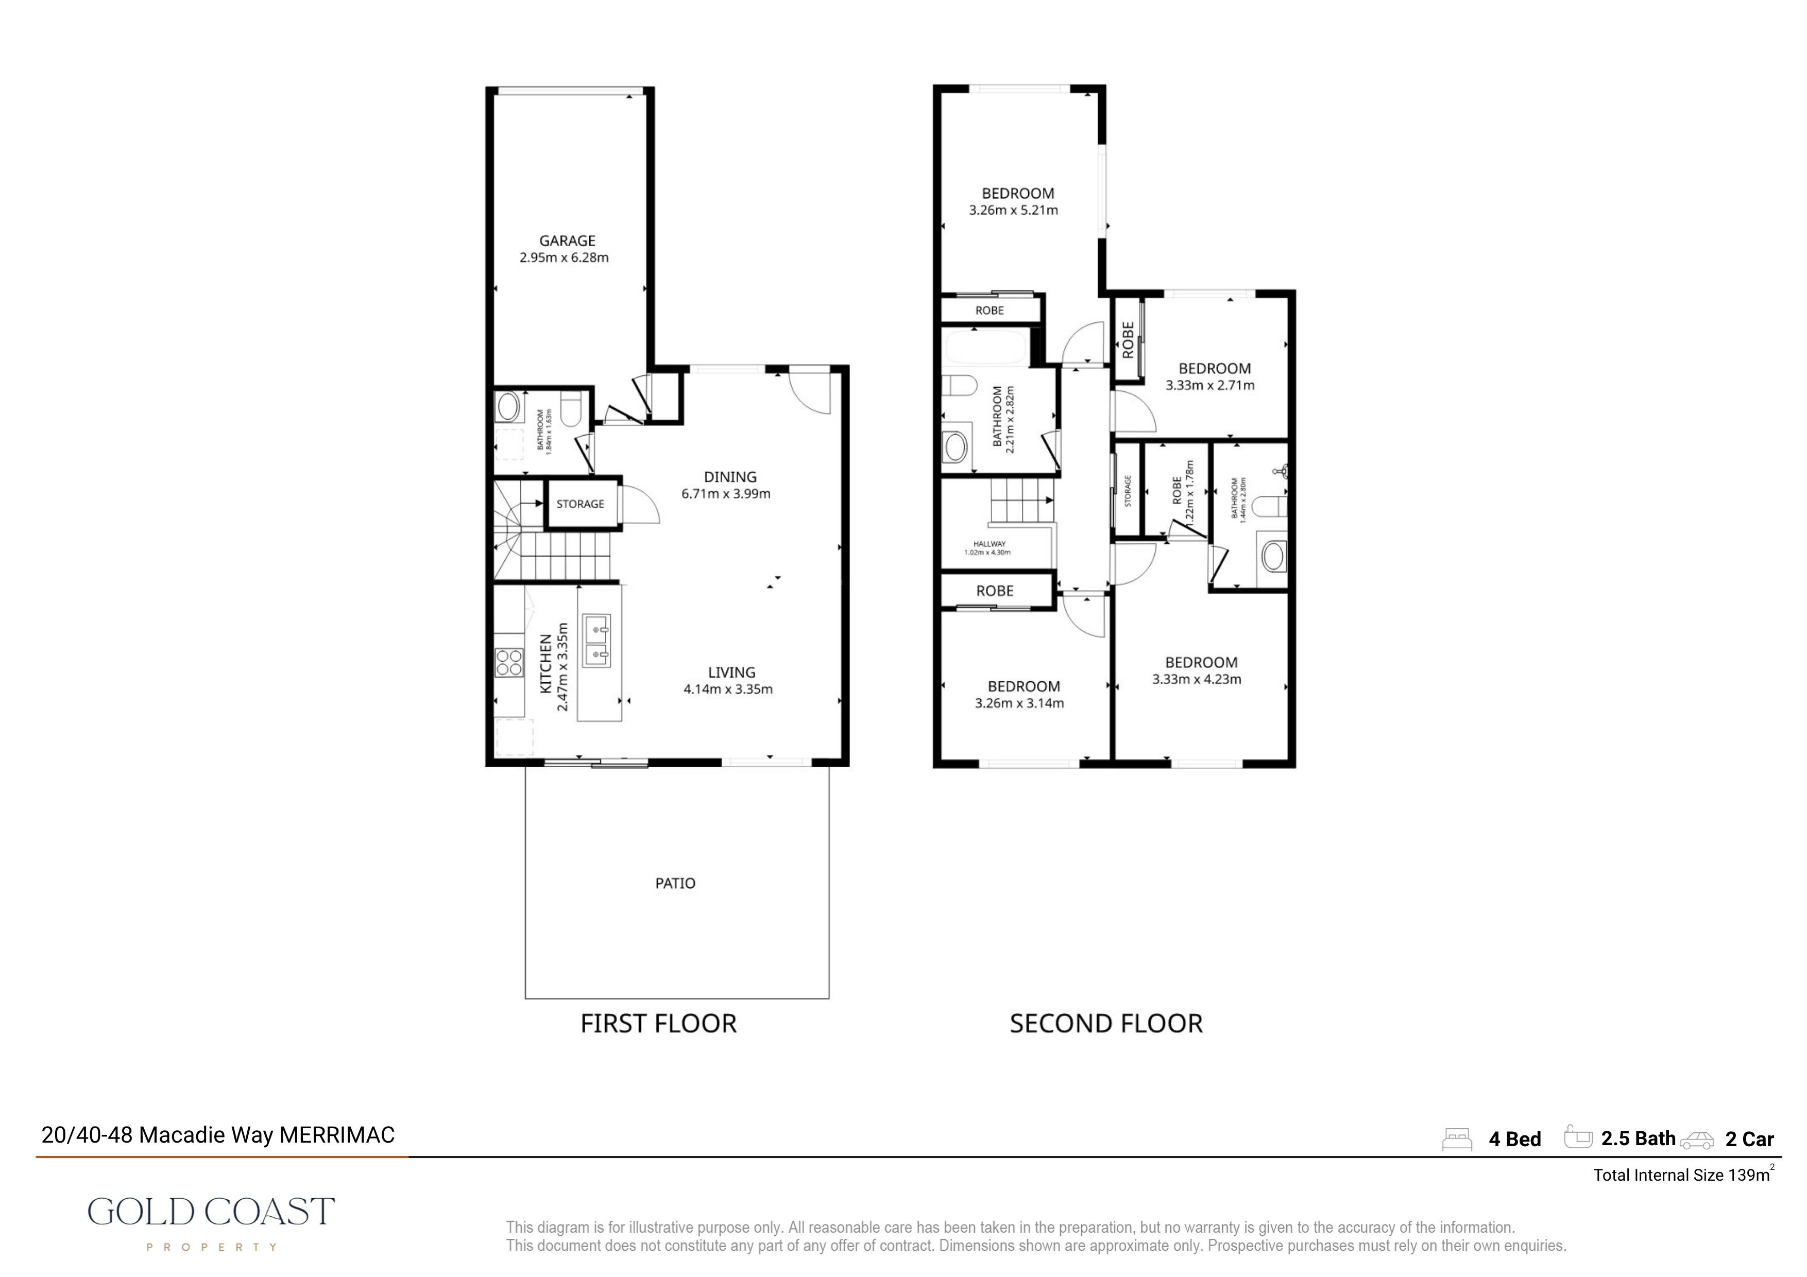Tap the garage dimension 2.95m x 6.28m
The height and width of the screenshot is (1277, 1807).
(564, 257)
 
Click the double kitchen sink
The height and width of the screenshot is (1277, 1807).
(596, 641)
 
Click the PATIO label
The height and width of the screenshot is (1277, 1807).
(675, 883)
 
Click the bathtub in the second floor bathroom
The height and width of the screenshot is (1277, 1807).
(984, 347)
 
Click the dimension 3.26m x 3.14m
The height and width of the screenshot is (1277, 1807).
(1019, 703)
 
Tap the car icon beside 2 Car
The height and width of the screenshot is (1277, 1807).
(1697, 1140)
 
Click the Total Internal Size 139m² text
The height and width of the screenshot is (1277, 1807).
(1683, 1174)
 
